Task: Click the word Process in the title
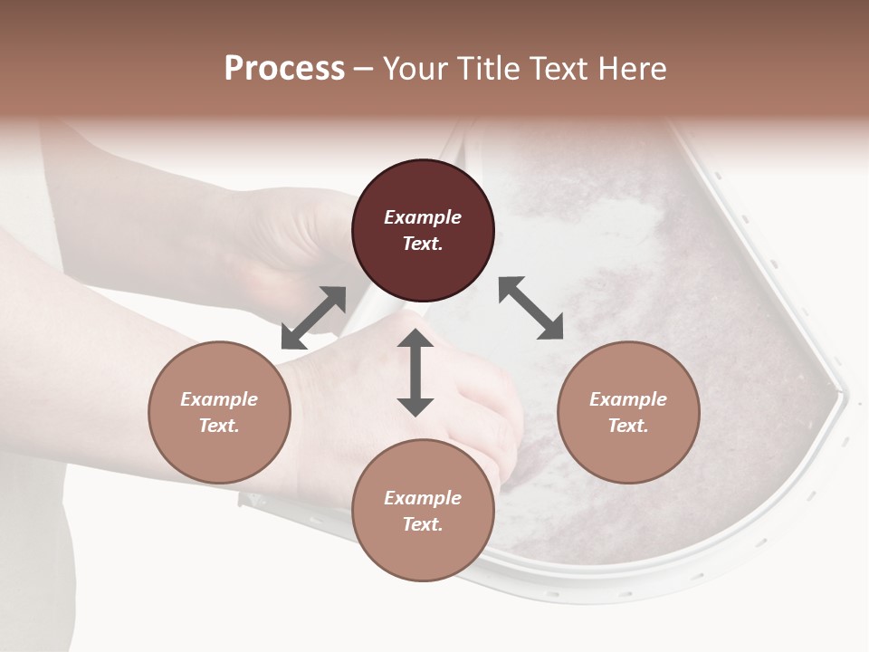[284, 69]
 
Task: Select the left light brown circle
[219, 453]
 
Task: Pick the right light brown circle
[628, 453]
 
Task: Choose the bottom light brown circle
[423, 552]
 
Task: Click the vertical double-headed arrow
[415, 372]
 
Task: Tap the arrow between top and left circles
[313, 318]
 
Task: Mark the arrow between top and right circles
[530, 308]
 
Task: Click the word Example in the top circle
[423, 217]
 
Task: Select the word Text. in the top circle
[423, 244]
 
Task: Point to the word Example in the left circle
[219, 399]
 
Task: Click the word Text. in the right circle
[628, 426]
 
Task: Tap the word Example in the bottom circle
[423, 498]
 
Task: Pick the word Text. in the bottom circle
[423, 524]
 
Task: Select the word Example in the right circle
[628, 399]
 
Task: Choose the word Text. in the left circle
[219, 426]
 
